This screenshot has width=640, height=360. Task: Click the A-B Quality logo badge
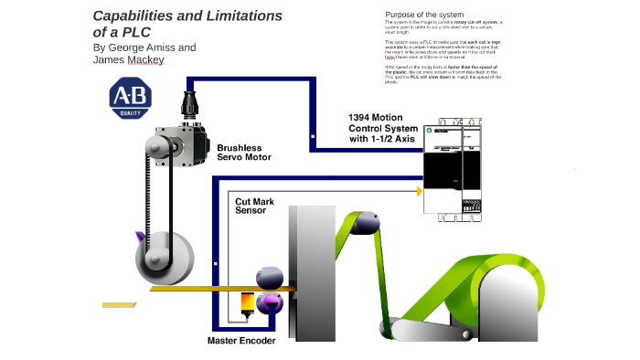tap(131, 99)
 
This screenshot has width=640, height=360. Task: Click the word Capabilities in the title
tap(133, 16)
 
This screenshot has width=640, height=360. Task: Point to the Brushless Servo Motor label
tap(243, 152)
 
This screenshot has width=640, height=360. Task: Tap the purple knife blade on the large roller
tap(140, 238)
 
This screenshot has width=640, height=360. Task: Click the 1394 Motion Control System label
tap(384, 128)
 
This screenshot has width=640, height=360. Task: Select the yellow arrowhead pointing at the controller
tap(420, 191)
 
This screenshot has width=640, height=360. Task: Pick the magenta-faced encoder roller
tap(270, 303)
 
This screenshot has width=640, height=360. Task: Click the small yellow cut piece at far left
tap(119, 304)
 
